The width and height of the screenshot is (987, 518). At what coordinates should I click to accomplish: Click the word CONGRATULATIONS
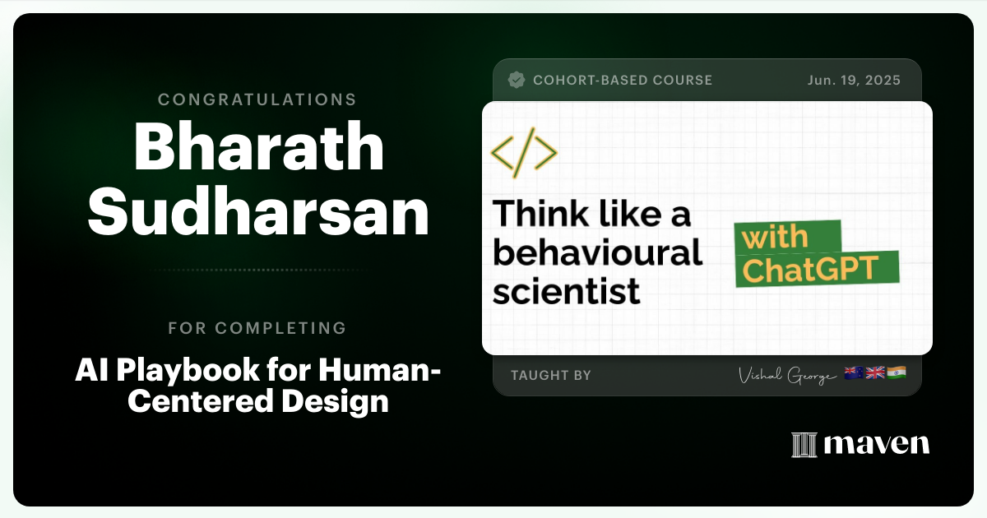257,99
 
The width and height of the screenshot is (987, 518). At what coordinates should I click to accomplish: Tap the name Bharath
258,149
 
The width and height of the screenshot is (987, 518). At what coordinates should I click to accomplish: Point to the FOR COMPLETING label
257,328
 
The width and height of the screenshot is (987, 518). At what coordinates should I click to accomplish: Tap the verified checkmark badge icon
517,80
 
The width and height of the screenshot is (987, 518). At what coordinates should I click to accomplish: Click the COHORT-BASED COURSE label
623,80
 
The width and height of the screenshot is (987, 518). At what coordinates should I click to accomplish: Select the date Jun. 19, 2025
854,80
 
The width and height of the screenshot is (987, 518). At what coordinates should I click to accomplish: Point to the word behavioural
598,253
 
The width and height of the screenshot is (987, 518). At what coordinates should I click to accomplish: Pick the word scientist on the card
567,291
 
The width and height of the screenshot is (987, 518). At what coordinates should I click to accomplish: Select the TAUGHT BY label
551,375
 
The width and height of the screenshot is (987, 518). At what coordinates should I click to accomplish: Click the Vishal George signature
788,375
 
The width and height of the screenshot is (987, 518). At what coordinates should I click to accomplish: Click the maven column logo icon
803,445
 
